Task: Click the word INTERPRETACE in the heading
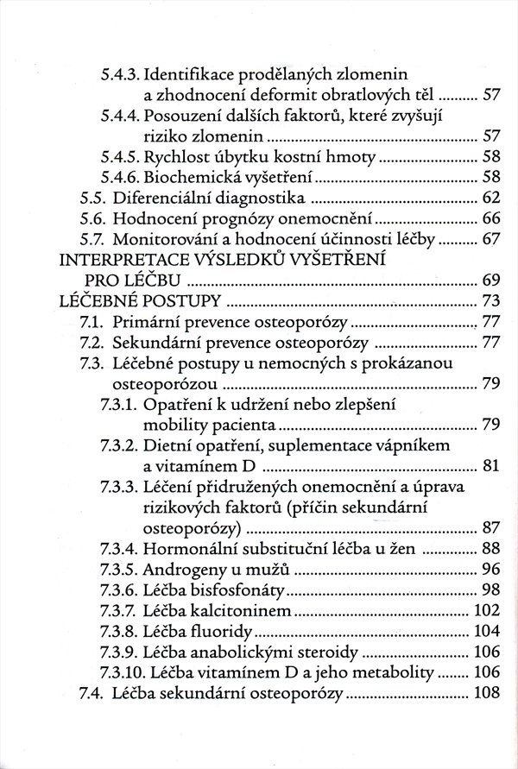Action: coord(129,260)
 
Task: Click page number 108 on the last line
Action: coord(487,693)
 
